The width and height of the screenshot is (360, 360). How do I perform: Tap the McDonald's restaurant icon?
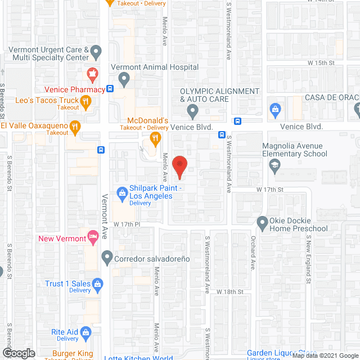click(x=152, y=137)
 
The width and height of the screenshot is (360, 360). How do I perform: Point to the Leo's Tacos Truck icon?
click(x=85, y=101)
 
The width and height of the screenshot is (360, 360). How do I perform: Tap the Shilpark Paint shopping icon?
click(x=121, y=193)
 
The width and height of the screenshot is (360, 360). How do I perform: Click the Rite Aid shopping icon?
click(x=86, y=332)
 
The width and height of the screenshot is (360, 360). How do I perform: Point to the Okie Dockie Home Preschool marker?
click(x=262, y=222)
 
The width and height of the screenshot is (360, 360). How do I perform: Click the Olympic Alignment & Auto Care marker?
click(x=192, y=110)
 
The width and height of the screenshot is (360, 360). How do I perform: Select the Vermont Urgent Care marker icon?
click(x=96, y=53)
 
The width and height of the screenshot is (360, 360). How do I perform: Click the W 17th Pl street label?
click(x=126, y=224)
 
